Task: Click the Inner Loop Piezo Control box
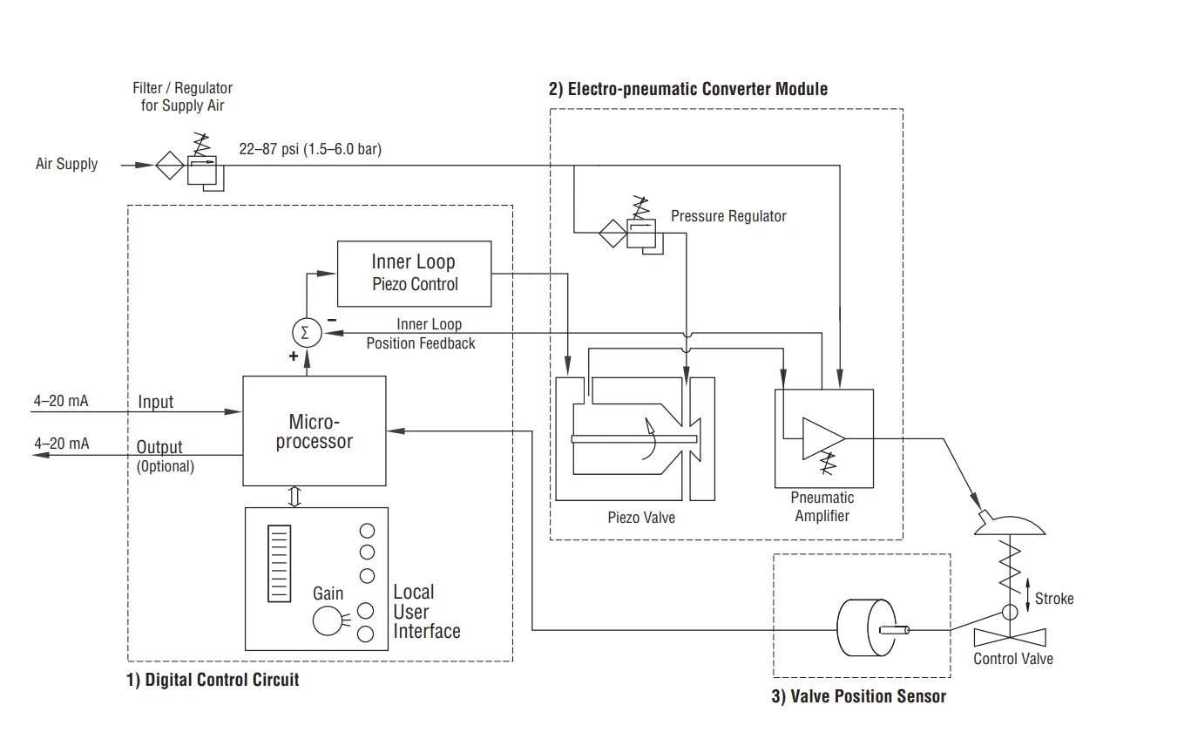point(414,274)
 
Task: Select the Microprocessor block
point(314,431)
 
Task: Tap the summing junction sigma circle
point(305,331)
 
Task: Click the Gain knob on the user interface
point(328,621)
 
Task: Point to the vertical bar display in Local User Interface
point(278,563)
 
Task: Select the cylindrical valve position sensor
point(862,629)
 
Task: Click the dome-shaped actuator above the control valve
point(1011,525)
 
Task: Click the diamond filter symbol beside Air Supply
point(169,164)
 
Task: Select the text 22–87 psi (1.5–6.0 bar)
point(310,149)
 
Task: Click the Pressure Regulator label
point(728,216)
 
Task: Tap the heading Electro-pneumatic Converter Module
point(687,89)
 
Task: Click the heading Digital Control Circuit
point(213,679)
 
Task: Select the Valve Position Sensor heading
point(858,695)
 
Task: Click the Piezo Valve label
point(641,518)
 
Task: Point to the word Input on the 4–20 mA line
point(155,402)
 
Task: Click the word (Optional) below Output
point(165,466)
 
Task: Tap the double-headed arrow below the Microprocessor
point(294,496)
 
